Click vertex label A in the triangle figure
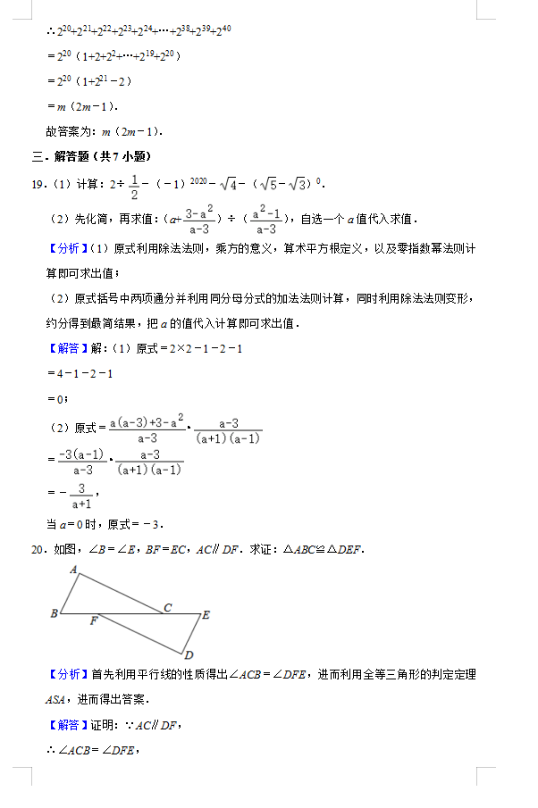73,568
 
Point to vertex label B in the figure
54,613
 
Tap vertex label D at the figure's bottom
189,654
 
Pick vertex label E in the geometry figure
206,614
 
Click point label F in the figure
93,621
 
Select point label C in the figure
166,607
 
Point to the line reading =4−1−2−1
80,373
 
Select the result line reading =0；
57,398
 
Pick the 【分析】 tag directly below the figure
67,674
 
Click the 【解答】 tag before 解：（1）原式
67,348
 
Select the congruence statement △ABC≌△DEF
324,548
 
